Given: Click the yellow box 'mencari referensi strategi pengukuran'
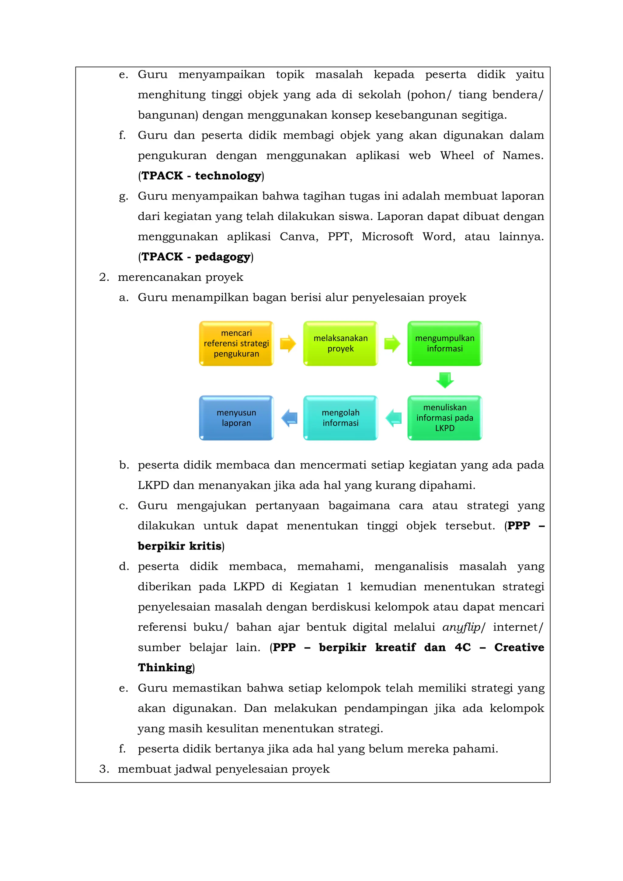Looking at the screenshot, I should pyautogui.click(x=236, y=343).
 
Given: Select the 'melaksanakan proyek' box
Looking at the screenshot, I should pyautogui.click(x=340, y=343).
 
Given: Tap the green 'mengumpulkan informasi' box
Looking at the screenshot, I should pyautogui.click(x=445, y=343).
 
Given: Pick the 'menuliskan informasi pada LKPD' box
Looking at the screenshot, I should pyautogui.click(x=445, y=418).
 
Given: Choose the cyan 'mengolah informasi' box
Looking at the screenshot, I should pyautogui.click(x=340, y=418).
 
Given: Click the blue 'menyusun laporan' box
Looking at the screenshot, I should pyautogui.click(x=236, y=418).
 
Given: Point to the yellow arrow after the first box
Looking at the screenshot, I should pyautogui.click(x=288, y=343).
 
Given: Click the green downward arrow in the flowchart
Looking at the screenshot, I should pyautogui.click(x=445, y=380).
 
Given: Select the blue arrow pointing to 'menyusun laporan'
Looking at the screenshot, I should pyautogui.click(x=289, y=418).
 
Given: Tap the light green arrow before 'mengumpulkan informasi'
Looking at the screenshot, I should pyautogui.click(x=392, y=343).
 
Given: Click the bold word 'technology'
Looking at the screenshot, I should pyautogui.click(x=228, y=176).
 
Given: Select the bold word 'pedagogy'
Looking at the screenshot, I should pyautogui.click(x=222, y=257).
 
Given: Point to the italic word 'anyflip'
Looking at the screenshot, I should pyautogui.click(x=461, y=627).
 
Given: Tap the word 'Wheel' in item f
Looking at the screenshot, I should pyautogui.click(x=457, y=155).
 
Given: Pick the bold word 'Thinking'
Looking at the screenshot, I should pyautogui.click(x=165, y=668).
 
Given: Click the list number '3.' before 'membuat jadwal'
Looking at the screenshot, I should pyautogui.click(x=104, y=769).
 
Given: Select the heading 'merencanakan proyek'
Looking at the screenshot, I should pyautogui.click(x=180, y=277).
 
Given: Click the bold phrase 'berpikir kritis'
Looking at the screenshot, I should pyautogui.click(x=179, y=546).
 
